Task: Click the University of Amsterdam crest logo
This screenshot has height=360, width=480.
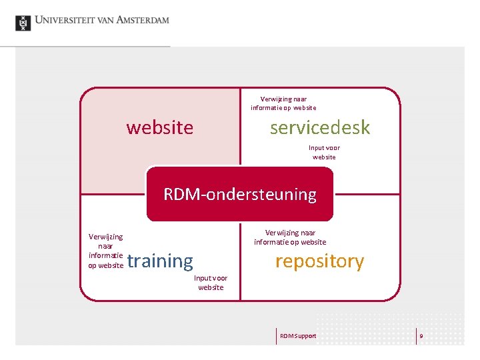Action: [23, 23]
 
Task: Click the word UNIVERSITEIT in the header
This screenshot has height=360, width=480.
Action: [63, 20]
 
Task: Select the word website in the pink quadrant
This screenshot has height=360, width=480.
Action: [160, 127]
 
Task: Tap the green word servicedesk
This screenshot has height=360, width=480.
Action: [319, 127]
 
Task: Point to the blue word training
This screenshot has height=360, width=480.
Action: [160, 261]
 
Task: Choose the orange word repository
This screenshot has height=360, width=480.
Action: [319, 261]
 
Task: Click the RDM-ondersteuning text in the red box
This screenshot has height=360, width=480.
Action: [240, 195]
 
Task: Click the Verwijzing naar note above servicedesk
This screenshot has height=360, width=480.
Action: [283, 103]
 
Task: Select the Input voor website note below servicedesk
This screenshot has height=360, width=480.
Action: [324, 152]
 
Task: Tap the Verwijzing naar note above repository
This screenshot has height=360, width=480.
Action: [290, 237]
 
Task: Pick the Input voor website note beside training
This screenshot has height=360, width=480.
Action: [211, 283]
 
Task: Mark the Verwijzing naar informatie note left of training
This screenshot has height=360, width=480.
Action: [105, 251]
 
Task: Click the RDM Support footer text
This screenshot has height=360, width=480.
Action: [298, 336]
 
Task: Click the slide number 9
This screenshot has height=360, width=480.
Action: [421, 336]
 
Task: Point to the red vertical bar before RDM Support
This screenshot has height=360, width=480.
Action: [276, 336]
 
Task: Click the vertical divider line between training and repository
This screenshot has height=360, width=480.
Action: [240, 267]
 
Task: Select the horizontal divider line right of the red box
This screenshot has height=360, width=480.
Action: [367, 194]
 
